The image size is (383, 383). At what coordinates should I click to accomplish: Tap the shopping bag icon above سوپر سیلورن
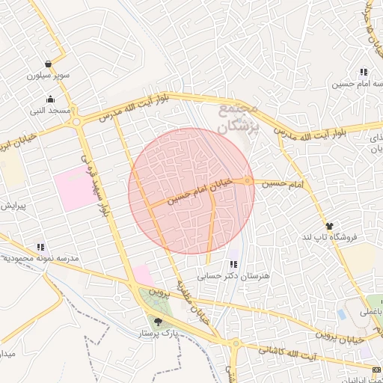(x=49, y=64)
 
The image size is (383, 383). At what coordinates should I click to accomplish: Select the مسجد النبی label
(x=49, y=111)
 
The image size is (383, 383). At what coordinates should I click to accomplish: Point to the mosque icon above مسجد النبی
(x=50, y=99)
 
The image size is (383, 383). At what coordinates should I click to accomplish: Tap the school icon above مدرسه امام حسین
(x=363, y=72)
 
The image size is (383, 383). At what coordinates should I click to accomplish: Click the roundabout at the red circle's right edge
(x=248, y=181)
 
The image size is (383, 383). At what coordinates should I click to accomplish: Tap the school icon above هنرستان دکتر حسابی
(x=234, y=263)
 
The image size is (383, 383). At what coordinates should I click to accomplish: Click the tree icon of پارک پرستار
(x=157, y=322)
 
